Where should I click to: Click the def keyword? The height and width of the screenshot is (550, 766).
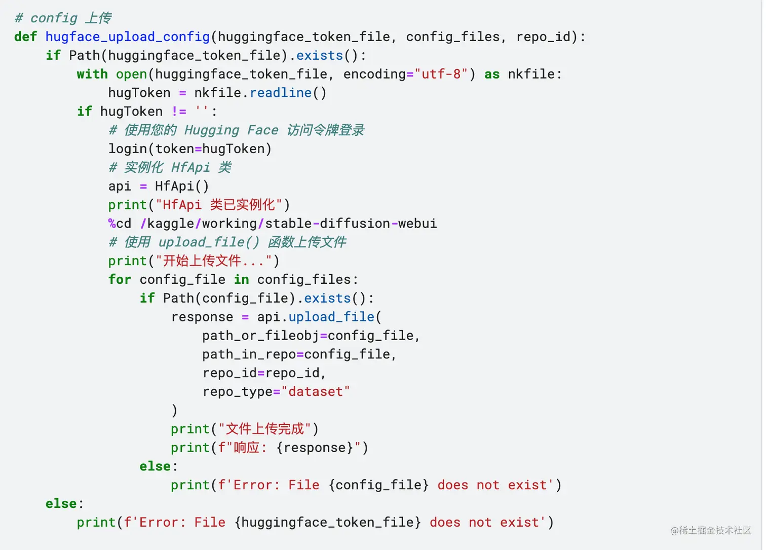point(25,37)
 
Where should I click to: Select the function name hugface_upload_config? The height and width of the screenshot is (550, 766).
point(127,37)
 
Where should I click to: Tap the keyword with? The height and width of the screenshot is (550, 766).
point(92,75)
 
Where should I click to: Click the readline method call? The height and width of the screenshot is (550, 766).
point(280,93)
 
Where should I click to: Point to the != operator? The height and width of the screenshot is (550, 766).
point(179,112)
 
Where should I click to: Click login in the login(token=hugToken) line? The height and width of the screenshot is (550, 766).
point(127,149)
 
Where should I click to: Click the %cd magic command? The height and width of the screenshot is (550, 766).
point(120,224)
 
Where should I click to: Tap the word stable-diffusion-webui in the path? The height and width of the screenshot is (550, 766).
point(351,224)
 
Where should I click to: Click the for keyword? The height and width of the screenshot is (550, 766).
point(120,280)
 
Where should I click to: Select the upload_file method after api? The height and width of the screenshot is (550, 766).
point(331,317)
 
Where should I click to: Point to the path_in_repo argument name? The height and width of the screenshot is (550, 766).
point(249,355)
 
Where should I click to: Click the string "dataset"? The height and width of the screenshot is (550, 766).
point(315,392)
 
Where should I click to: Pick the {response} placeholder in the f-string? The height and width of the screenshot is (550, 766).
point(315,448)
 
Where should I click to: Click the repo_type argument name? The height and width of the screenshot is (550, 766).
point(237,392)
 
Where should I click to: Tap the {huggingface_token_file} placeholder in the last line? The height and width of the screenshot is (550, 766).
point(327,523)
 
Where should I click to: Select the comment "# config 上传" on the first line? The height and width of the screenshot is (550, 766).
point(63,18)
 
